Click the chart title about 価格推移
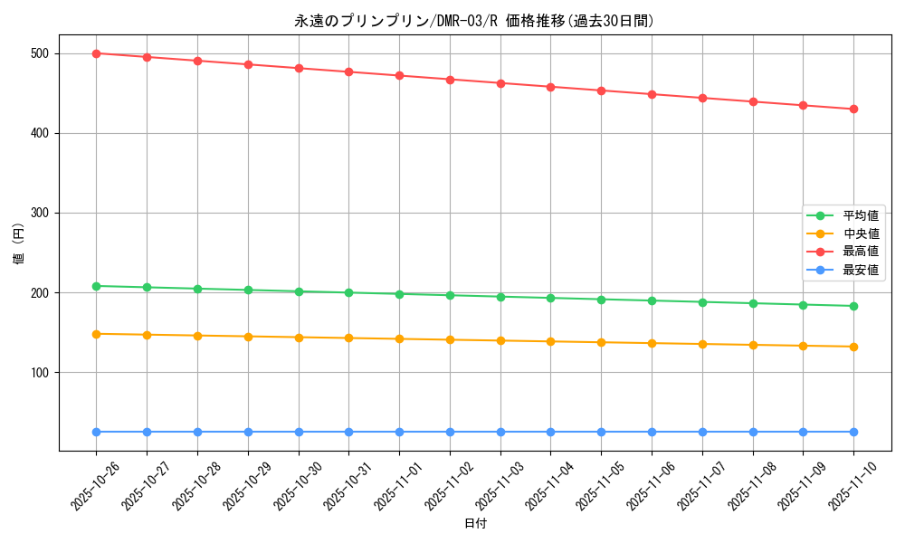474,21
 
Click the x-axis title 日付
474,524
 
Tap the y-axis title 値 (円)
19,244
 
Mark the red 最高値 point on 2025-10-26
96,53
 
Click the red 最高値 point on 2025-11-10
853,110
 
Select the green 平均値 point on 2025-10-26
96,286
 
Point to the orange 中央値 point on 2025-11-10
853,347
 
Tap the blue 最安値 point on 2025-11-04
550,432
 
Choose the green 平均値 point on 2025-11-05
601,300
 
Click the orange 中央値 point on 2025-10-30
298,338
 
